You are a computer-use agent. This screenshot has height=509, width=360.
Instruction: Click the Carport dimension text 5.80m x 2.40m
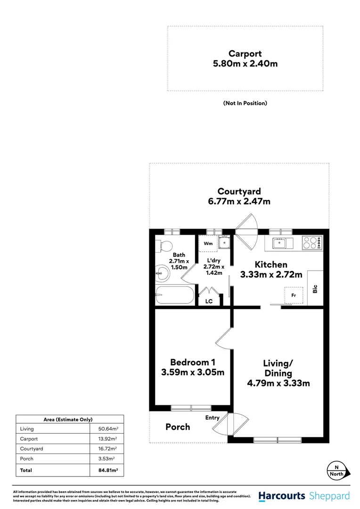[x=245, y=63]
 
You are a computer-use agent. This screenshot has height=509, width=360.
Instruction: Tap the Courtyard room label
[x=239, y=191]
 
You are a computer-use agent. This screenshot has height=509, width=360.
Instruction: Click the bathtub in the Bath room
[x=175, y=295]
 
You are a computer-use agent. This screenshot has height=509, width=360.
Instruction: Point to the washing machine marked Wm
[x=207, y=244]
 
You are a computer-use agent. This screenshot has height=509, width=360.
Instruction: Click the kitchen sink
[x=279, y=243]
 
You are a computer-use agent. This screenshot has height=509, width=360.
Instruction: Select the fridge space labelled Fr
[x=294, y=295]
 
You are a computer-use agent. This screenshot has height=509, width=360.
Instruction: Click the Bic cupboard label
[x=315, y=288]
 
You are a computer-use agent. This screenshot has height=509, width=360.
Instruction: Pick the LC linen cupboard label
[x=209, y=301]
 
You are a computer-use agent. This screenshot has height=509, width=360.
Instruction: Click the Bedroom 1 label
[x=193, y=362]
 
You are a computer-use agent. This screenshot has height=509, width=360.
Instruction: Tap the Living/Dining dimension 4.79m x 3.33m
[x=278, y=383]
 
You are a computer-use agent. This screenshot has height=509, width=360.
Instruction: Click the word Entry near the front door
[x=213, y=418]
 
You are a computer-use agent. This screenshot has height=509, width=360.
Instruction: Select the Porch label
[x=178, y=427]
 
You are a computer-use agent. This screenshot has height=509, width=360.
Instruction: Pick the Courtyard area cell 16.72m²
[x=107, y=449]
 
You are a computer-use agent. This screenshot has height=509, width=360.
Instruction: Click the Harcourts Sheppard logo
[x=304, y=496]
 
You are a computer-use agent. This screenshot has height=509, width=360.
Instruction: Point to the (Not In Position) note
[x=245, y=103]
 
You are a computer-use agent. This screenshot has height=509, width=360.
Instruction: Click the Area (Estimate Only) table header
[x=70, y=419]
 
